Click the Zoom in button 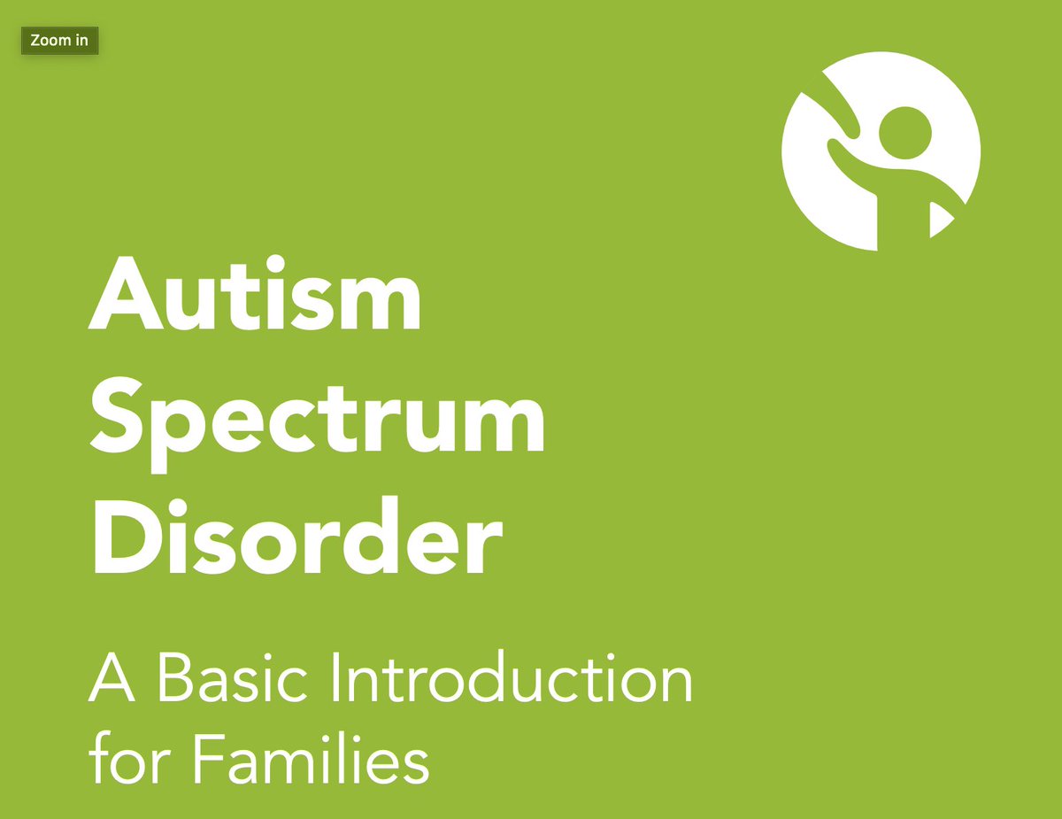[x=59, y=41]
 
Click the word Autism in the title [x=255, y=293]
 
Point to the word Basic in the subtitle [x=234, y=678]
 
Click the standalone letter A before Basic [x=112, y=678]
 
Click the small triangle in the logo [x=938, y=220]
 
